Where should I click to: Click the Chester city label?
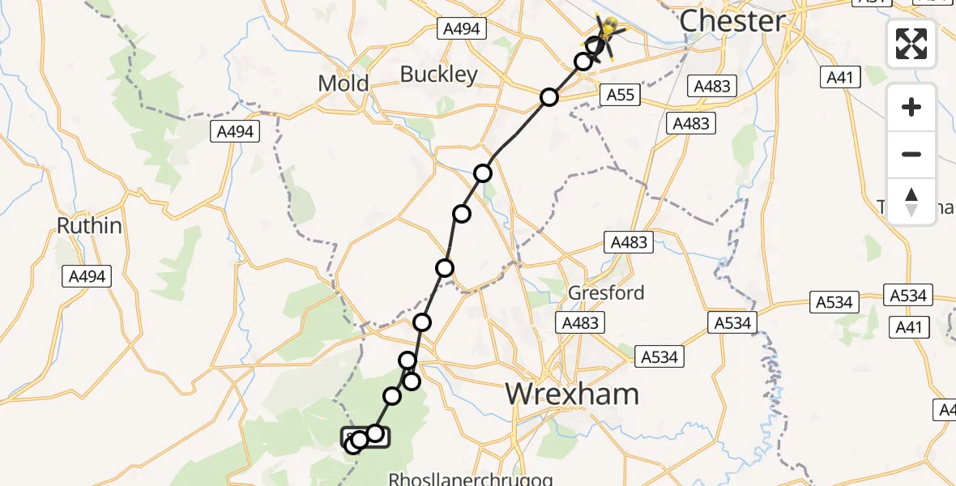click(x=732, y=22)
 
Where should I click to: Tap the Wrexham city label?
click(x=572, y=394)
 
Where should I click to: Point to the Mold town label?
click(x=343, y=83)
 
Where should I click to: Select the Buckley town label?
click(x=439, y=75)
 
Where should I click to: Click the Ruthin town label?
click(x=89, y=225)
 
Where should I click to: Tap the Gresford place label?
click(x=606, y=292)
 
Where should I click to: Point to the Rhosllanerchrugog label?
click(x=472, y=478)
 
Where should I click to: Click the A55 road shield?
click(x=621, y=96)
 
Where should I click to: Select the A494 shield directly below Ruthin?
click(x=87, y=276)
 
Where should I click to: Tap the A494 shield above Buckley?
click(x=462, y=29)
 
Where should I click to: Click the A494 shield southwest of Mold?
click(x=235, y=131)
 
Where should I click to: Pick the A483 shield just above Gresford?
click(x=629, y=242)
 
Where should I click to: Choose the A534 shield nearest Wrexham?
click(x=661, y=356)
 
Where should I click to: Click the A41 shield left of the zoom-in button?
click(x=841, y=77)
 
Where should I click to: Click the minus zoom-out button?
click(x=911, y=154)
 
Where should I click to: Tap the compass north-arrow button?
click(x=911, y=201)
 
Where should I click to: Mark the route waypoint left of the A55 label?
click(x=549, y=97)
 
